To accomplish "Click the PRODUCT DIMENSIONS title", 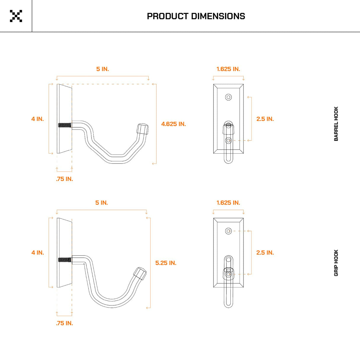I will pyautogui.click(x=196, y=16).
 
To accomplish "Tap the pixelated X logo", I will pyautogui.click(x=16, y=16).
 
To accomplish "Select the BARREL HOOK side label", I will pyautogui.click(x=336, y=124).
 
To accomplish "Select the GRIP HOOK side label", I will pyautogui.click(x=336, y=263).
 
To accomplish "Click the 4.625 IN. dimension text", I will pyautogui.click(x=173, y=124).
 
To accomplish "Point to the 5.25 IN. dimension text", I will pyautogui.click(x=166, y=263).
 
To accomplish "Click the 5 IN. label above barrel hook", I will pyautogui.click(x=103, y=69).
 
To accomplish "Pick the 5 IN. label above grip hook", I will pyautogui.click(x=101, y=203).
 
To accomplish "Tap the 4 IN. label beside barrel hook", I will pyautogui.click(x=38, y=119).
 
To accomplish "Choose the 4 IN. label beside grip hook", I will pyautogui.click(x=38, y=253).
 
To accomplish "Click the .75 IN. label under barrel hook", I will pyautogui.click(x=64, y=179).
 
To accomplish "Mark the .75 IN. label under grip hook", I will pyautogui.click(x=64, y=323).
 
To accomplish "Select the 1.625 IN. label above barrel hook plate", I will pyautogui.click(x=228, y=69).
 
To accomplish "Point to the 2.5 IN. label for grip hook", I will pyautogui.click(x=265, y=253).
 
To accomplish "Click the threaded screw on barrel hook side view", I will pyautogui.click(x=65, y=125).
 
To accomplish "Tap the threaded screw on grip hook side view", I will pyautogui.click(x=65, y=260).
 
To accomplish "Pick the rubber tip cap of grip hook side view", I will pyautogui.click(x=140, y=273).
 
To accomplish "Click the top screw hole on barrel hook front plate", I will pyautogui.click(x=228, y=97).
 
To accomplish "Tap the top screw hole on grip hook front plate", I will pyautogui.click(x=228, y=231).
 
